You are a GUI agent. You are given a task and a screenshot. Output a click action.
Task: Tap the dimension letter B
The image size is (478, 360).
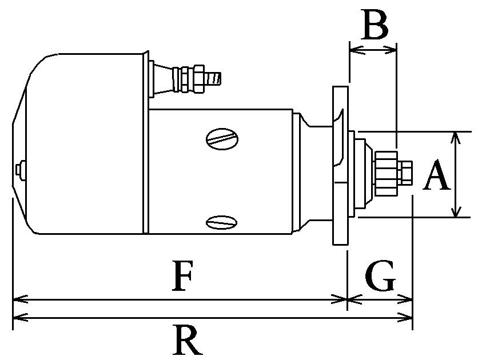coord(375,26)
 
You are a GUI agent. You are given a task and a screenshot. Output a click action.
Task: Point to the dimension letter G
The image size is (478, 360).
coord(380,278)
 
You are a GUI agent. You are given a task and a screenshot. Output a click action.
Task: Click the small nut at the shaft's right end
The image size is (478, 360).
coord(407,173)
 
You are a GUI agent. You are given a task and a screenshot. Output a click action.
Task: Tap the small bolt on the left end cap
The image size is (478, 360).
coord(21,170)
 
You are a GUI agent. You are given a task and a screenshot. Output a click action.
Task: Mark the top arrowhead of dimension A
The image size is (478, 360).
coord(455,135)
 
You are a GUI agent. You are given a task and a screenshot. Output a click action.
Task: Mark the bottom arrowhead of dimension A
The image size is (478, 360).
coord(455,213)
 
